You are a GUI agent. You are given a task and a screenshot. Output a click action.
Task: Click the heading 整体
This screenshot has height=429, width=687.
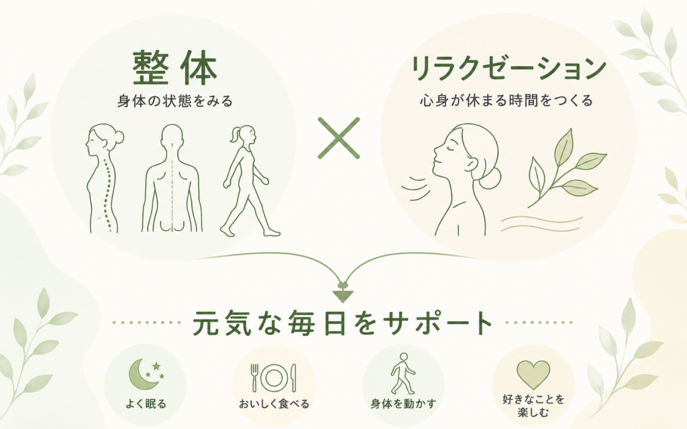tap(175, 68)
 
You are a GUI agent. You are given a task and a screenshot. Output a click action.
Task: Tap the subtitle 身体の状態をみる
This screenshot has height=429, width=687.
tap(175, 102)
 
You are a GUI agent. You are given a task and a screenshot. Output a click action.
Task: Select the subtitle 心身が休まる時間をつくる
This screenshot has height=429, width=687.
tap(507, 101)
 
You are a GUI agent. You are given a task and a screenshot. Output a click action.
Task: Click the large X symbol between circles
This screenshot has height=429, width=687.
tap(339, 138)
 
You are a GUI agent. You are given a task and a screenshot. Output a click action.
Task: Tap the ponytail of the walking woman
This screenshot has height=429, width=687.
tap(235, 133)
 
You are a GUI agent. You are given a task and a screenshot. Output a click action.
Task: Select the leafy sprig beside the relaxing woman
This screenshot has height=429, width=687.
tap(563, 169)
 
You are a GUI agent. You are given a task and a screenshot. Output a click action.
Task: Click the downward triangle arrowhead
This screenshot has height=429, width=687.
tap(343, 296)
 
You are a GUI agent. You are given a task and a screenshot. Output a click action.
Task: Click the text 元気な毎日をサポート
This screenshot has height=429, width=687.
tap(343, 323)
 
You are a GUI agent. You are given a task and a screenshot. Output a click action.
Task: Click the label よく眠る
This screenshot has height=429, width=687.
tap(146, 404)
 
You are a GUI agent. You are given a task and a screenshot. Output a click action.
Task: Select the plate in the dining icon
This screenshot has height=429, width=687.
tap(274, 377)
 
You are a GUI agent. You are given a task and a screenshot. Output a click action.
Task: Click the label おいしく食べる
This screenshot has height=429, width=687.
tap(274, 404)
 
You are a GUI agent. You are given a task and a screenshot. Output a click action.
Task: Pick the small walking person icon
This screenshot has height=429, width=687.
tap(403, 373)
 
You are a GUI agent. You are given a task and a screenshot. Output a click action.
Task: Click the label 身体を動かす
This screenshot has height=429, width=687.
tap(403, 404)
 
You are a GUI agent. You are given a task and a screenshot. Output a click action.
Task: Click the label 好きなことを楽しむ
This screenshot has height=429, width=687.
tap(533, 406)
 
